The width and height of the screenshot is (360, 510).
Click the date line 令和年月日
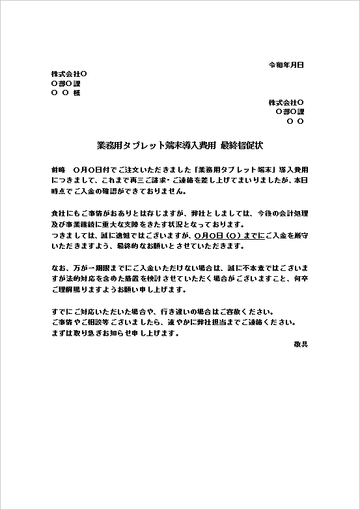(286, 65)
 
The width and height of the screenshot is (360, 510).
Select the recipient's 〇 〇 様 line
(65, 93)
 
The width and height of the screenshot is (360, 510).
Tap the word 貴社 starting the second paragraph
(57, 213)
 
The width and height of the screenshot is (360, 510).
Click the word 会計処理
(292, 213)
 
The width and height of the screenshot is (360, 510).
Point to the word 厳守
(300, 235)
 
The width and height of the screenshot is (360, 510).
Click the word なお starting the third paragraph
(57, 268)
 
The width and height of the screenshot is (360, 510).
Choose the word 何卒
(300, 279)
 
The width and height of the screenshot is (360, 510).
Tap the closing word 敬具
(300, 344)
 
